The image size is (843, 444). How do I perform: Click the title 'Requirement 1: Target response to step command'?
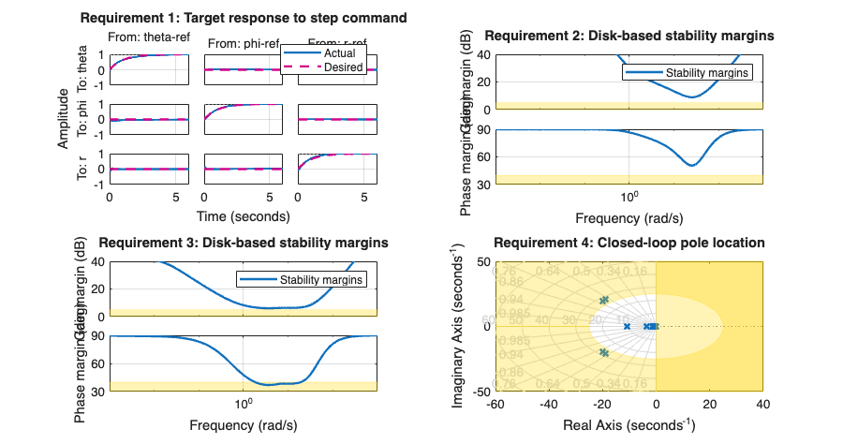[x=244, y=18]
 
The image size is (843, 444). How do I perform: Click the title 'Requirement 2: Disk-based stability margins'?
[x=629, y=36]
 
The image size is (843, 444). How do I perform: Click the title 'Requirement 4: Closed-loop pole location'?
[x=629, y=243]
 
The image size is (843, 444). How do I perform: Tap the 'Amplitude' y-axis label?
[x=63, y=119]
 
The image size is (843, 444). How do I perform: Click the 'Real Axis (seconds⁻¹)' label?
[x=629, y=425]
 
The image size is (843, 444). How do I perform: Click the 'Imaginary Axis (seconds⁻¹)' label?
[x=461, y=326]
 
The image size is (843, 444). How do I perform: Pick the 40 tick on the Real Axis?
[x=762, y=404]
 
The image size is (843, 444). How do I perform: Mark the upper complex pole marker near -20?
[x=604, y=300]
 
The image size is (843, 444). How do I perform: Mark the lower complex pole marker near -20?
[x=604, y=353]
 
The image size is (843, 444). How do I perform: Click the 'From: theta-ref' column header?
[x=150, y=37]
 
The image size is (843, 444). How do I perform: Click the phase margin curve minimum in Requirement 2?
[x=692, y=166]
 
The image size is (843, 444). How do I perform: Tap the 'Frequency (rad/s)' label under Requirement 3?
[x=243, y=425]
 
